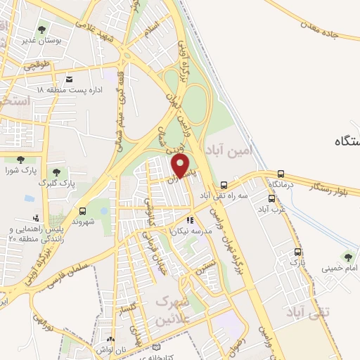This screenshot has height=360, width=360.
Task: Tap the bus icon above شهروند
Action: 84,210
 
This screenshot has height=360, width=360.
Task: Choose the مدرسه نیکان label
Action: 184,230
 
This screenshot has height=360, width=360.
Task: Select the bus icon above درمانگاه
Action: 281,174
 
